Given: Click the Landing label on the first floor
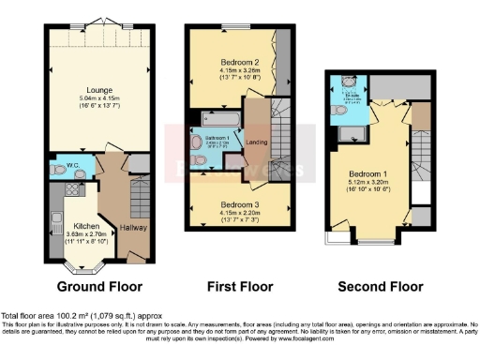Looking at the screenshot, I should [x=255, y=142].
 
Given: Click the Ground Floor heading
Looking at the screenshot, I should [x=98, y=285].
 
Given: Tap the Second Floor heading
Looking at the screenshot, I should [x=377, y=285].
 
